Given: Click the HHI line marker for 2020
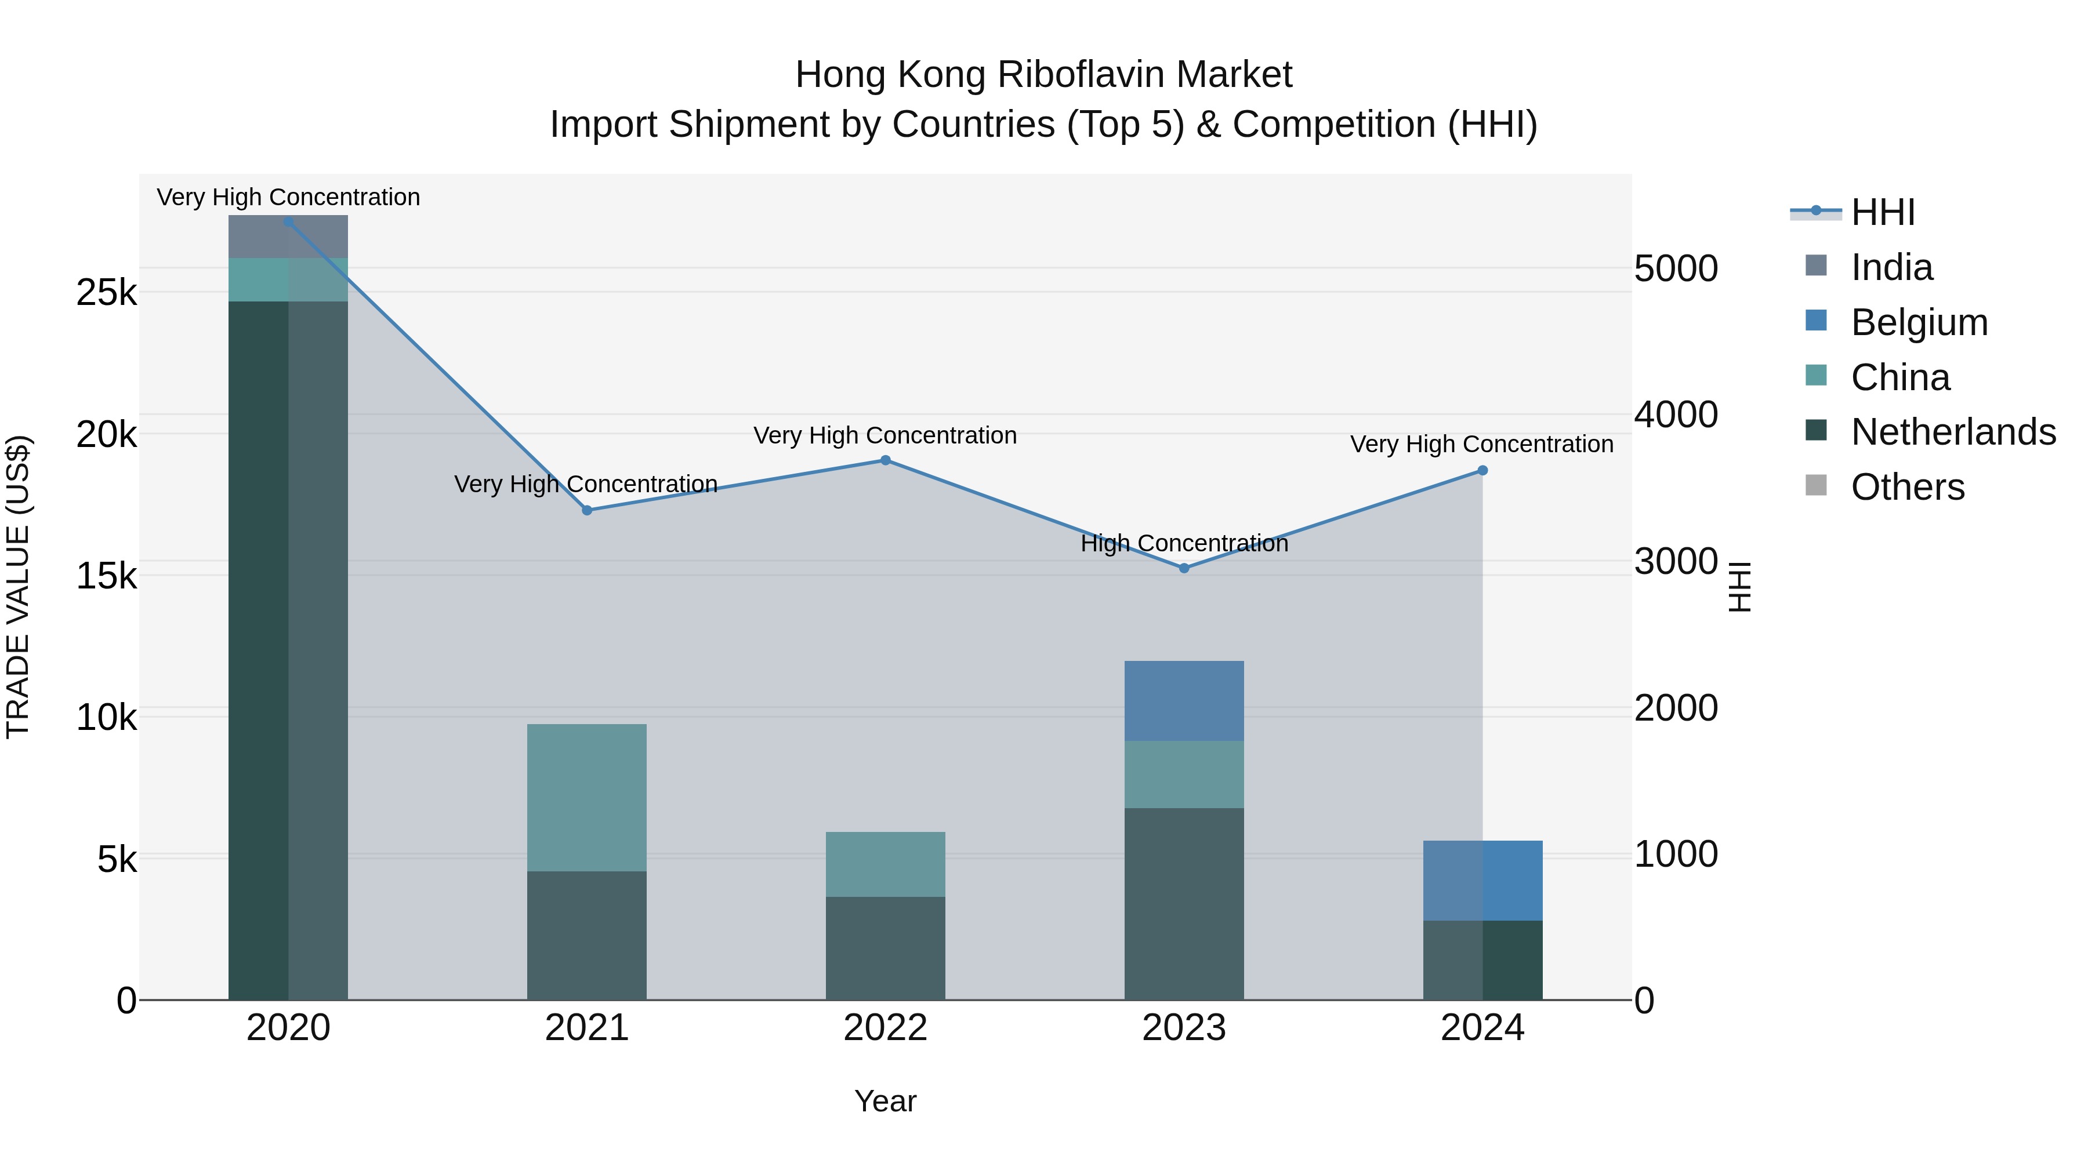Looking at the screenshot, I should (289, 222).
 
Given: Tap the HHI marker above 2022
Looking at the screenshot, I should (885, 460).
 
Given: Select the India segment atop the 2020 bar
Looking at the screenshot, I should (289, 237).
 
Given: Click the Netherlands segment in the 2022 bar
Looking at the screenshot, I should (885, 948).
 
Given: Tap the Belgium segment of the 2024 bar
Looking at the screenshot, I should (1482, 880).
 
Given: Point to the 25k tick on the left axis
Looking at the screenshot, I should (106, 293).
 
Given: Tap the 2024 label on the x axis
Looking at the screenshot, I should (1482, 1028).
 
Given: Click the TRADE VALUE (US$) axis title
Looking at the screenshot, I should (19, 587).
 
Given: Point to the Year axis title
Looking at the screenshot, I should (885, 1101).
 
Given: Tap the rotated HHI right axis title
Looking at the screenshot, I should (1739, 587).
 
